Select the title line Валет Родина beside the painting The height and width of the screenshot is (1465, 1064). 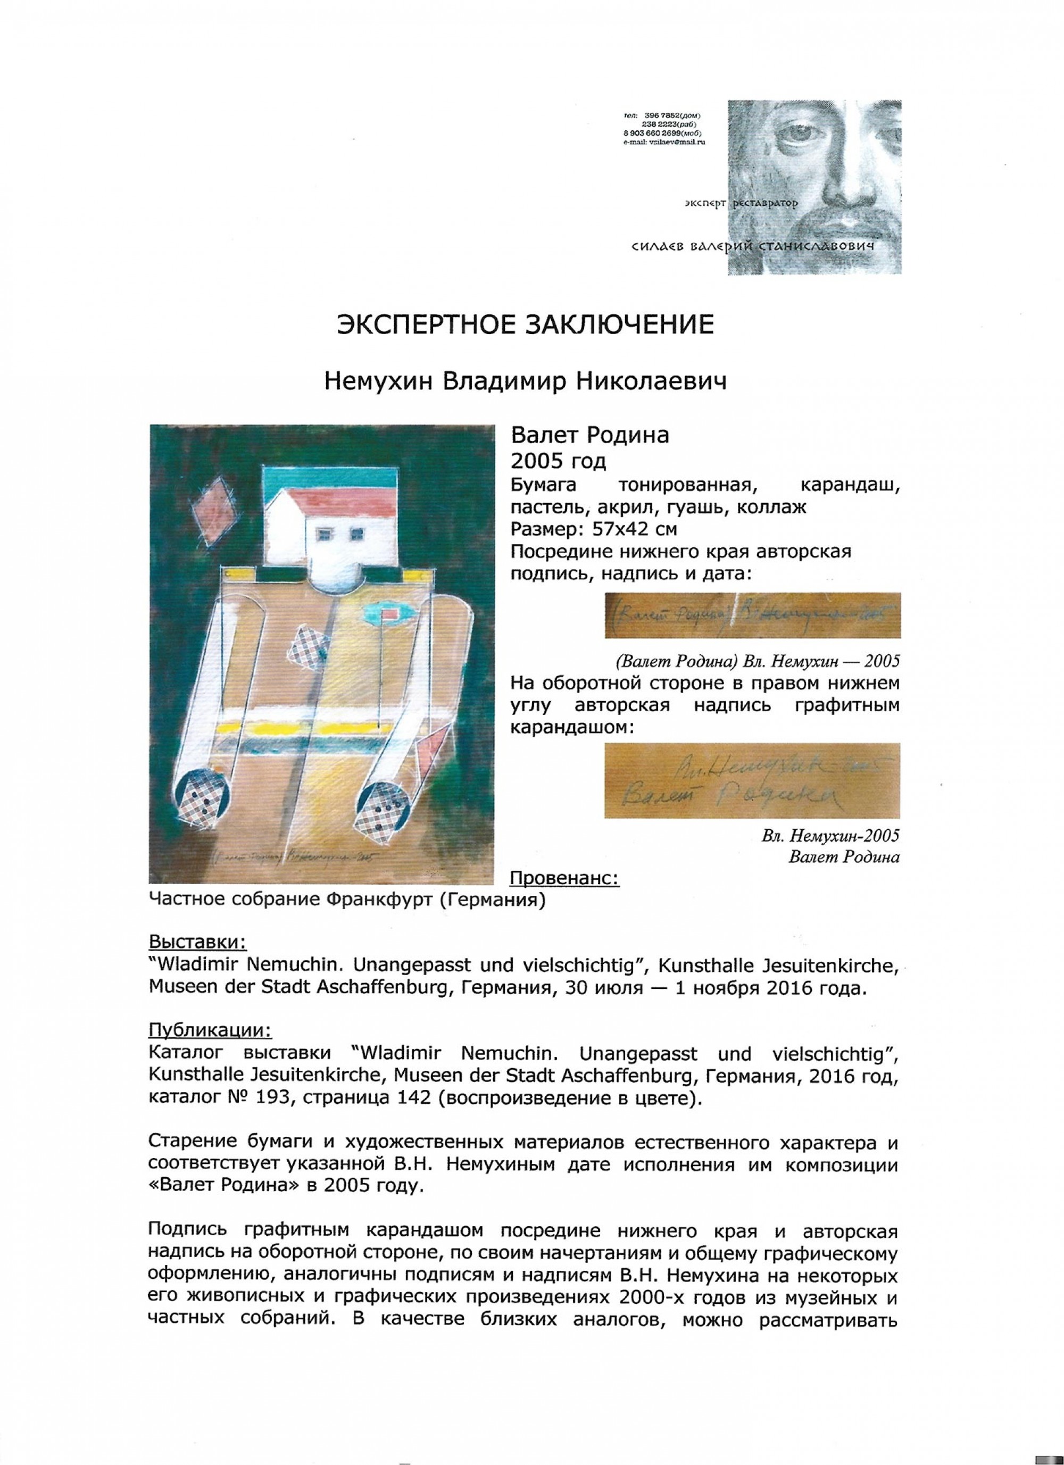[590, 436]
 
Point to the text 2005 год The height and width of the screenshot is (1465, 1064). [558, 461]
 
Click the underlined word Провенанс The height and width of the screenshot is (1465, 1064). [564, 879]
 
